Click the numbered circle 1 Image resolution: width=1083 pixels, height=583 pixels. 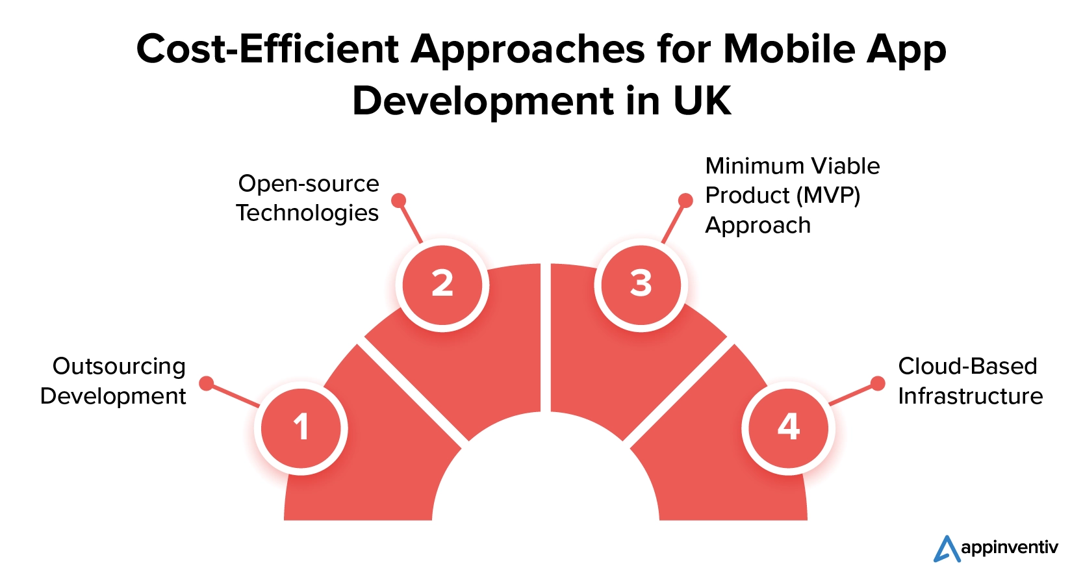coord(301,428)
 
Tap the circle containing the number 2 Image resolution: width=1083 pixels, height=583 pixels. coord(442,285)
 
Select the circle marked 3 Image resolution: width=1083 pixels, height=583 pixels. coord(641,285)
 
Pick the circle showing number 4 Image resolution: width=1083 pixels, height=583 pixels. coord(789,428)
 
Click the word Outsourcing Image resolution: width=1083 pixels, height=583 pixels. coord(119,367)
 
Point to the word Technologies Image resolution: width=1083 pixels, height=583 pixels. coord(307,213)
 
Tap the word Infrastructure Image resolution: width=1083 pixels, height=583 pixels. coord(971,396)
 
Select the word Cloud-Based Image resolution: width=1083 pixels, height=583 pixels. coord(967,367)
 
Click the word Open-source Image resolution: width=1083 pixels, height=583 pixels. coord(309,184)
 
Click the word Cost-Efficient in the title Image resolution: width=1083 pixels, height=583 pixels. coord(268,49)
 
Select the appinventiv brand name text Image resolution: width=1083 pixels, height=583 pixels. coord(1010,548)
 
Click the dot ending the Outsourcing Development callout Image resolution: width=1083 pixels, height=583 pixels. coord(207,383)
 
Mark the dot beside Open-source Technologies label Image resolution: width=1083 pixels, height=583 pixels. coord(398,200)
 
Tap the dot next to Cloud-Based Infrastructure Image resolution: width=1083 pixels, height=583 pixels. coord(878,383)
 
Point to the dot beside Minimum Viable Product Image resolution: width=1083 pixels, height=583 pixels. coord(685,200)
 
